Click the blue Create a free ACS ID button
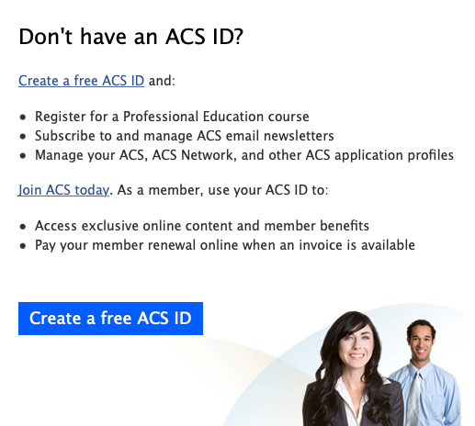click(x=110, y=319)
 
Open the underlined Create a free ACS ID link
click(x=81, y=81)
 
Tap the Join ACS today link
click(x=63, y=190)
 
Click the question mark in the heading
click(x=237, y=37)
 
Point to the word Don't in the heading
click(x=45, y=37)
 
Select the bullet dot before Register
click(x=23, y=118)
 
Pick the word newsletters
click(x=299, y=136)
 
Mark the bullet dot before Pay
click(x=23, y=246)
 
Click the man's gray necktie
click(x=413, y=398)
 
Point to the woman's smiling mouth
click(x=356, y=356)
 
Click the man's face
click(x=421, y=342)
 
